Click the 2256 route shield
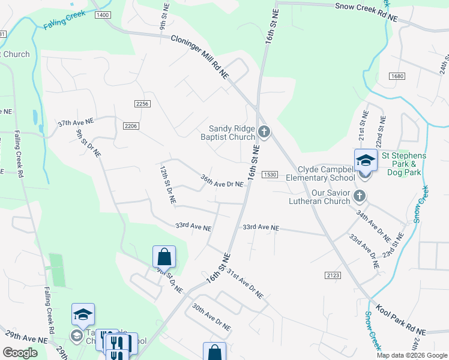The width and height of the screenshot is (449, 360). (142, 104)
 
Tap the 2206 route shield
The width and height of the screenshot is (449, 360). (131, 125)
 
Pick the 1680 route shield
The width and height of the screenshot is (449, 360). (397, 76)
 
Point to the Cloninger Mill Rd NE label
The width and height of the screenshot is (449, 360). (200, 56)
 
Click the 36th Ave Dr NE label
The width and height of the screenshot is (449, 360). (222, 181)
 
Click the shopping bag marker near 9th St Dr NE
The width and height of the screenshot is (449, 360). (164, 257)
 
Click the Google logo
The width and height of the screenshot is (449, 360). (20, 353)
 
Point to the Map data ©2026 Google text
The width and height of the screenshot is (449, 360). (411, 355)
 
